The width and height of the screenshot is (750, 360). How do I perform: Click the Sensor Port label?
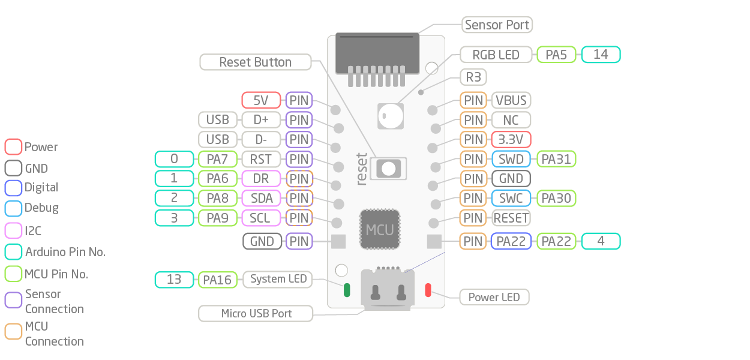pos(497,25)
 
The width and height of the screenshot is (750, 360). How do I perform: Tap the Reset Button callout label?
pos(255,62)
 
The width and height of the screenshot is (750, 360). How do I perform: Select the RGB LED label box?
pos(496,55)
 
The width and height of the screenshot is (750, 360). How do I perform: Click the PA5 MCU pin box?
pos(556,55)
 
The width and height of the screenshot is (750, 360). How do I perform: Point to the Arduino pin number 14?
pos(601,55)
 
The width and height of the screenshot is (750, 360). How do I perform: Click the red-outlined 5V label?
pos(261,100)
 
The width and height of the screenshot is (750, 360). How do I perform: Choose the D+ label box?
pos(261,120)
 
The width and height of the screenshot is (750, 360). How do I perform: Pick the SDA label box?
pos(261,198)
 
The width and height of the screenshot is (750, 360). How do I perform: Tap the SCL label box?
pos(261,218)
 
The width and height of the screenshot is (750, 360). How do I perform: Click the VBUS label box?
pos(511,100)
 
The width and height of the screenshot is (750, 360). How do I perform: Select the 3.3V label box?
pos(511,140)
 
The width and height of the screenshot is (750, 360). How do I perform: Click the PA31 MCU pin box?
pos(556,159)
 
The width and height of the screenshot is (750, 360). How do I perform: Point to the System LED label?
pos(278,279)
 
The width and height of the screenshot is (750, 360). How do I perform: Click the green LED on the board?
pos(346,290)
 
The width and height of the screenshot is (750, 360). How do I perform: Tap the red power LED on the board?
pos(428,290)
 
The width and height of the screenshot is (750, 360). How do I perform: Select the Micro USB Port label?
pos(256,313)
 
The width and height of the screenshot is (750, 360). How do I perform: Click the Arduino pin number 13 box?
pos(174,280)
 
